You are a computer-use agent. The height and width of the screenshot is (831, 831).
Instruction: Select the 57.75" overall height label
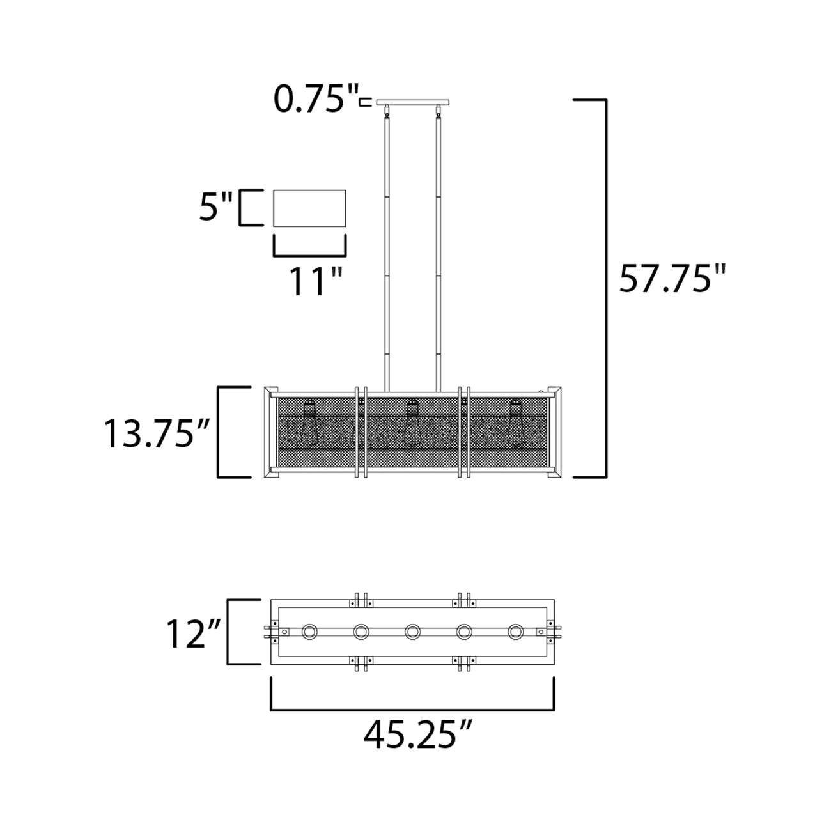[673, 279]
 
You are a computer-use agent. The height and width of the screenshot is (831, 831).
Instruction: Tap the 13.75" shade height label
[157, 435]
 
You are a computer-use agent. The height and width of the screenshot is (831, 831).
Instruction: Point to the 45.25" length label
[419, 734]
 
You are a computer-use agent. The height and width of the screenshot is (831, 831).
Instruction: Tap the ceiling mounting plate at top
[413, 102]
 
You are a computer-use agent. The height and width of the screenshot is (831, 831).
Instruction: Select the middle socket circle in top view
[413, 632]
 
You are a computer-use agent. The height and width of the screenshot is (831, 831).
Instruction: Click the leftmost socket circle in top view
[310, 632]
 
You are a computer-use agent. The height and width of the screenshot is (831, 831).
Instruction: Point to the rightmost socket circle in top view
[515, 632]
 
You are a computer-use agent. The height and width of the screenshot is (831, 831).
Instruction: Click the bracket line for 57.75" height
[605, 288]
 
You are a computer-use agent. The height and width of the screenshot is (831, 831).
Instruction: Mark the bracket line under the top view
[413, 710]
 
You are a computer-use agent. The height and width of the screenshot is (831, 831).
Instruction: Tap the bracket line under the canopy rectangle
[310, 255]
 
